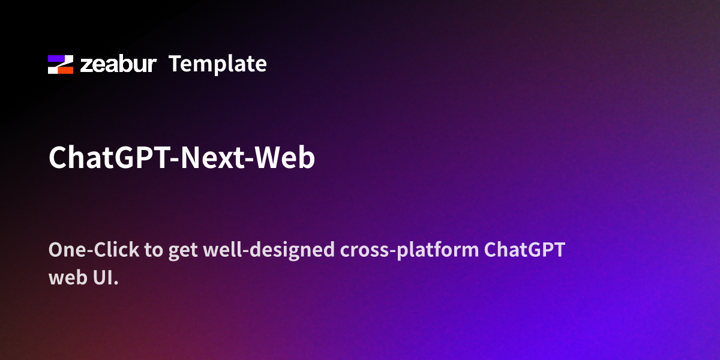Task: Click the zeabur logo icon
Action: (61, 64)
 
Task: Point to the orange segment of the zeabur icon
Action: (65, 70)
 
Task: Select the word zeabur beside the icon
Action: (118, 64)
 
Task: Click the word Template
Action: (217, 64)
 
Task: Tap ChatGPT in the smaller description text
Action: (524, 250)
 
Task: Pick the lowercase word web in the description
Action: (65, 278)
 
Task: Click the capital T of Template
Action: (175, 64)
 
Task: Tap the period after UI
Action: (115, 283)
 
